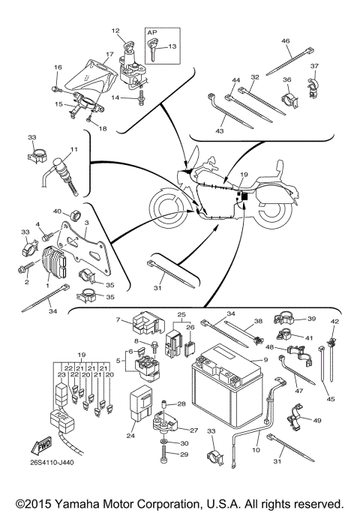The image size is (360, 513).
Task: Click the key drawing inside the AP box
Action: point(154,53)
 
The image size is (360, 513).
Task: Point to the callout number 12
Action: point(115,31)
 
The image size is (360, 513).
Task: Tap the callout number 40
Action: point(58,212)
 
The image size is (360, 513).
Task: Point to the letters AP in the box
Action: point(152,33)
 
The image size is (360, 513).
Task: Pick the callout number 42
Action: point(335,321)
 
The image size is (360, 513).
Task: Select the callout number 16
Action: point(57,67)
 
